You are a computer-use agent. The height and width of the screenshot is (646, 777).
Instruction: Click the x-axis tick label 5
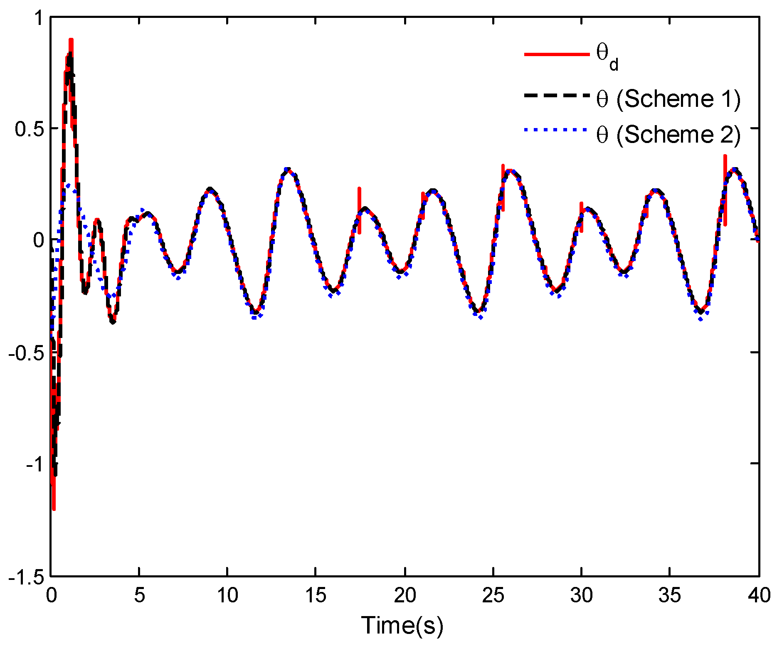pyautogui.click(x=139, y=596)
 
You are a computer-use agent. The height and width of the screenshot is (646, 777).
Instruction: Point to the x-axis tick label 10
pyautogui.click(x=227, y=596)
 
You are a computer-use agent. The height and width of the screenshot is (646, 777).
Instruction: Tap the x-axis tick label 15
pyautogui.click(x=316, y=596)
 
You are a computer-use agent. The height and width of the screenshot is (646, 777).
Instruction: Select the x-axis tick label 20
pyautogui.click(x=405, y=596)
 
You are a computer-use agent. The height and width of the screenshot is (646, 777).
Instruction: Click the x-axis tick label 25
pyautogui.click(x=493, y=596)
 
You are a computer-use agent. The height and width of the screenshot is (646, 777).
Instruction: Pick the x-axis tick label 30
pyautogui.click(x=582, y=596)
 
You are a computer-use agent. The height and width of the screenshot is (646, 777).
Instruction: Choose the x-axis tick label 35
pyautogui.click(x=670, y=596)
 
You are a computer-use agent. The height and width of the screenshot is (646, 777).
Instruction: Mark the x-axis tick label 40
pyautogui.click(x=759, y=596)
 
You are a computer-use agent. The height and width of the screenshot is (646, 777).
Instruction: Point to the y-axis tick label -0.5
pyautogui.click(x=26, y=353)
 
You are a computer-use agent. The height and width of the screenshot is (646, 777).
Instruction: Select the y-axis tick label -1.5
pyautogui.click(x=26, y=577)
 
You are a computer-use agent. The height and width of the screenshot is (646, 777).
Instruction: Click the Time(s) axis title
pyautogui.click(x=402, y=625)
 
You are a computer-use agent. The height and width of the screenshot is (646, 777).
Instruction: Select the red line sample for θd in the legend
pyautogui.click(x=557, y=54)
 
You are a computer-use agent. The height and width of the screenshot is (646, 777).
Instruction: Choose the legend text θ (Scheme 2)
pyautogui.click(x=668, y=135)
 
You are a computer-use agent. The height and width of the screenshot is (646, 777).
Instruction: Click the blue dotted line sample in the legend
pyautogui.click(x=557, y=130)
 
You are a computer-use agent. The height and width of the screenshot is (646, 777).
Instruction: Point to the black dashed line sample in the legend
pyautogui.click(x=557, y=95)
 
